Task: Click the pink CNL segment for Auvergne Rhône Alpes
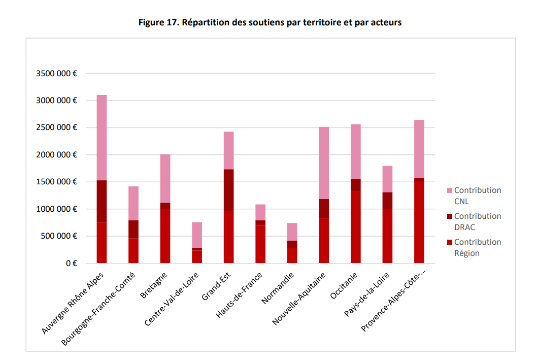click(102, 138)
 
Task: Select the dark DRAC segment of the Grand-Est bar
click(228, 190)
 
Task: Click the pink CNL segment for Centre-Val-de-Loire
click(197, 235)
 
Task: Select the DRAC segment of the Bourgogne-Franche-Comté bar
click(133, 229)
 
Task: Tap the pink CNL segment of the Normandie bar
click(292, 232)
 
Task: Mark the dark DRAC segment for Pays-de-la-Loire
click(387, 201)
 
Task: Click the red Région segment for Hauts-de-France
click(260, 244)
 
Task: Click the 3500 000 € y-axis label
click(56, 73)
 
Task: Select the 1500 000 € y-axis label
click(56, 182)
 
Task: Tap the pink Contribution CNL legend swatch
click(449, 190)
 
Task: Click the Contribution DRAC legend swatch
click(449, 216)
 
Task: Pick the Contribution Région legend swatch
click(449, 242)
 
